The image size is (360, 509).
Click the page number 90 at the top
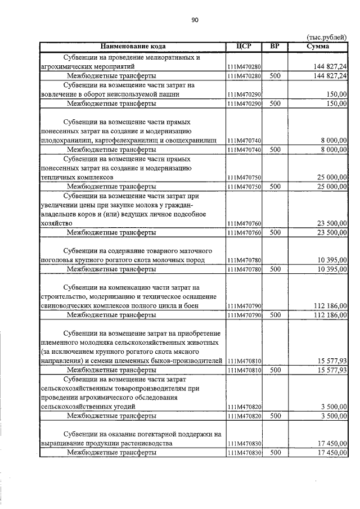tap(195, 20)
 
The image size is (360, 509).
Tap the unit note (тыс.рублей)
tap(327, 37)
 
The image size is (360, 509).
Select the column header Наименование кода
tap(133, 46)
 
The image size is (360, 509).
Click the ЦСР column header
tap(244, 46)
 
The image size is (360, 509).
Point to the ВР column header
tap(275, 46)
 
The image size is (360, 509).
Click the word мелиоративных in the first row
tap(169, 57)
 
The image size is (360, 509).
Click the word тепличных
tap(57, 177)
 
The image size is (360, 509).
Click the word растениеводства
tap(147, 443)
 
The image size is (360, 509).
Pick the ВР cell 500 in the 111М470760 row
tap(275, 232)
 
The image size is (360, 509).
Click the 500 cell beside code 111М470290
tap(275, 103)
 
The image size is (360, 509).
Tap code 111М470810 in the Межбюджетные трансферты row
tap(244, 370)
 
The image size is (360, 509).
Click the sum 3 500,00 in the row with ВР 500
tap(333, 416)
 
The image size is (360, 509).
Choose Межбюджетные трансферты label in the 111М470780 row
tap(111, 269)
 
